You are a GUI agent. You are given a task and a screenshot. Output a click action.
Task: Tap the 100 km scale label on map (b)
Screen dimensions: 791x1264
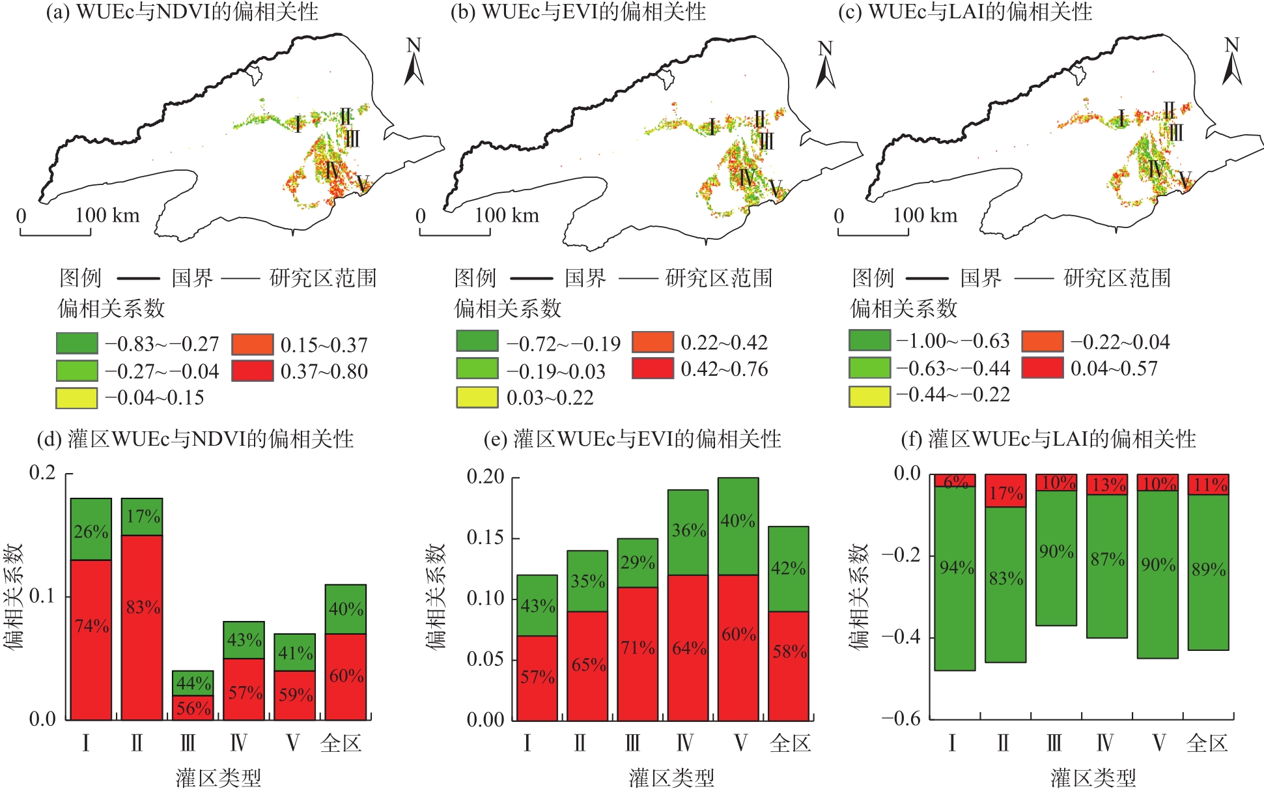click(x=507, y=215)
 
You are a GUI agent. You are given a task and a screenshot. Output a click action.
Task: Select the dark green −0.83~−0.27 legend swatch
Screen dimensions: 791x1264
click(x=77, y=343)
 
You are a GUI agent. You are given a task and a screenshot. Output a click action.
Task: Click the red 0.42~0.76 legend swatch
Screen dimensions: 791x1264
click(x=653, y=368)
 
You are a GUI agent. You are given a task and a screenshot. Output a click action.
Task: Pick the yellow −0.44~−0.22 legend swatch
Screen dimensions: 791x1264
click(x=869, y=395)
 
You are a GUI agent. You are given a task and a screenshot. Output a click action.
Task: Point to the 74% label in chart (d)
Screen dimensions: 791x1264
click(x=92, y=626)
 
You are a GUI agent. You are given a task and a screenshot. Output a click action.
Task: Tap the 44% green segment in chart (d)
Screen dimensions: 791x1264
click(x=193, y=683)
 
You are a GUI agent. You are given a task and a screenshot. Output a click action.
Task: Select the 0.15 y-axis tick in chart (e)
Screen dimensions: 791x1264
click(x=486, y=538)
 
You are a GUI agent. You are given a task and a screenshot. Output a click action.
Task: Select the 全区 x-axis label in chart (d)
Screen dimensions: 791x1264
click(x=341, y=743)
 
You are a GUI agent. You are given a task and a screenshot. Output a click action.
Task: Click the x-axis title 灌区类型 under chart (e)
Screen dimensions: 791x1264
click(x=671, y=777)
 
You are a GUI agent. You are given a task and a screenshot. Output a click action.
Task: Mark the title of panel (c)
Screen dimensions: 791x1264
click(x=964, y=12)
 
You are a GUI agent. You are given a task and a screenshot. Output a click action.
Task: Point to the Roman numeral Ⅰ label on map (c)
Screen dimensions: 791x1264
click(x=1121, y=119)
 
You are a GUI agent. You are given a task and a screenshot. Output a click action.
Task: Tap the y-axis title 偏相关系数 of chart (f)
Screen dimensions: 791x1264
click(x=859, y=596)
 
